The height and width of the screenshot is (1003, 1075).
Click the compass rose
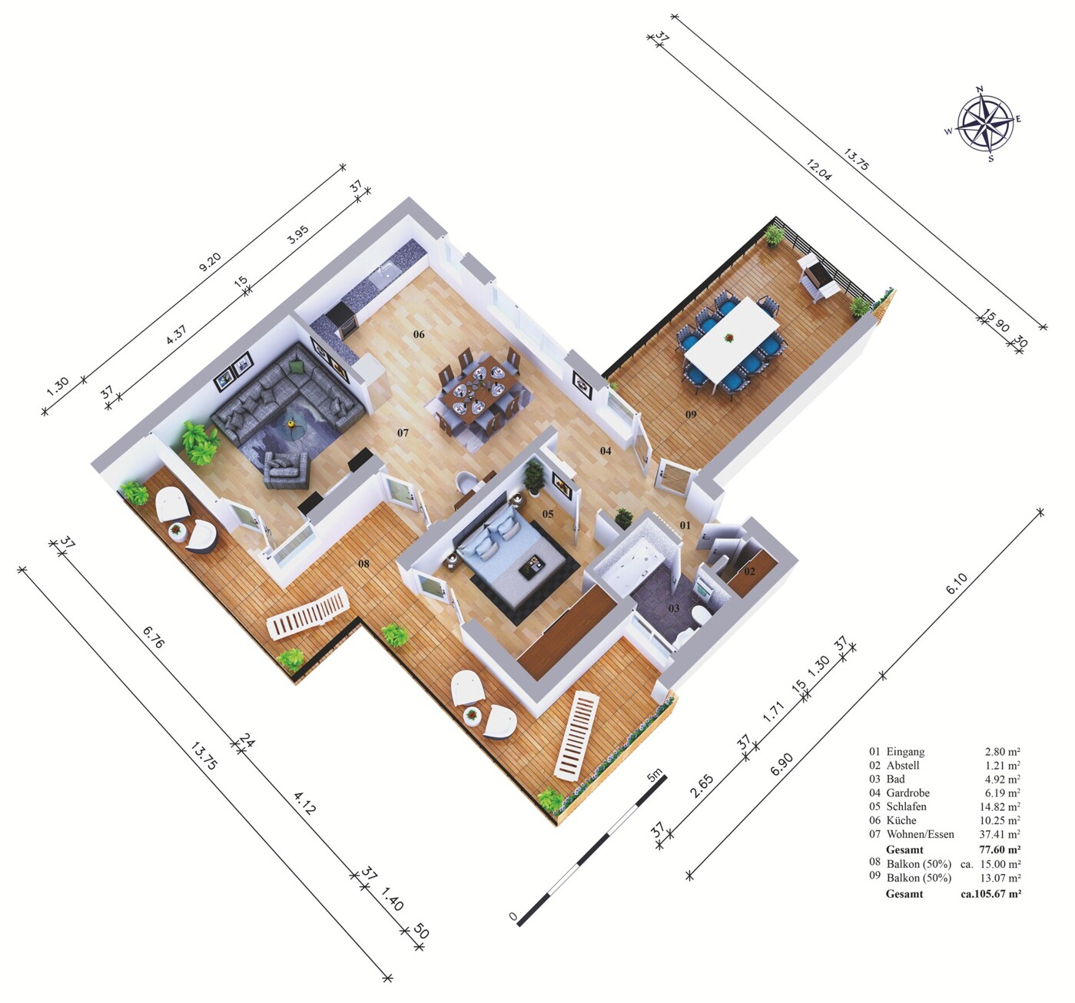pos(984,124)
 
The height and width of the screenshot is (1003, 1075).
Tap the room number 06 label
pos(419,334)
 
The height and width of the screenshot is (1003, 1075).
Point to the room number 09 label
pos(691,415)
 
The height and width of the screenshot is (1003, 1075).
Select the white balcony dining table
pos(732,340)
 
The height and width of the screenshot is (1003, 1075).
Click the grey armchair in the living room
pos(286,469)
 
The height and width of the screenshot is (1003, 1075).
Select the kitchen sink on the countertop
pos(387,272)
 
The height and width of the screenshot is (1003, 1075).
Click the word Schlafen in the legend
pos(906,806)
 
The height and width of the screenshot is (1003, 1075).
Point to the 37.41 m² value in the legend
pos(1000,834)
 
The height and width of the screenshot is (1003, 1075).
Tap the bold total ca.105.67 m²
pos(990,894)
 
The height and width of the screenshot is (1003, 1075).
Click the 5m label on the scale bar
pos(655,776)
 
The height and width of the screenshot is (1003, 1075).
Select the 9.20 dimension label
pos(210,262)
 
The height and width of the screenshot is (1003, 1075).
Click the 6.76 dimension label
pos(154,636)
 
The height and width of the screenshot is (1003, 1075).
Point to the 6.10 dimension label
pos(957,584)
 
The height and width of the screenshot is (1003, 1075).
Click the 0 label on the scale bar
pos(513,916)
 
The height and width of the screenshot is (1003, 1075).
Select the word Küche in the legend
pos(901,820)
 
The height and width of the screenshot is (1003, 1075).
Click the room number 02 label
pos(750,571)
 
